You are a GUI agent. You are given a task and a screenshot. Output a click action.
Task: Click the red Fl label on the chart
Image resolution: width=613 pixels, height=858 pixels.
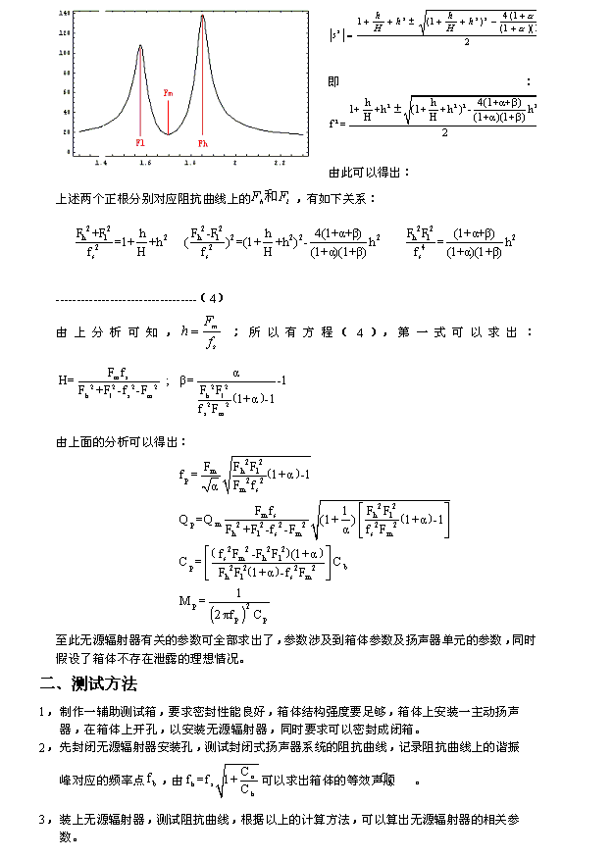coord(140,142)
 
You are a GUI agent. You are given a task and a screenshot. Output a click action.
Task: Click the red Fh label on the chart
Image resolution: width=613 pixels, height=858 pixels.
coord(203,143)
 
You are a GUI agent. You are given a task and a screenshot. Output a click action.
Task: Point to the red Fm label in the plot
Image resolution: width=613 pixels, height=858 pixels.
coord(168,93)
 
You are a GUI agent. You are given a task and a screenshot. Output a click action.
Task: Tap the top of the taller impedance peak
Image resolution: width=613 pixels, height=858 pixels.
coord(202,17)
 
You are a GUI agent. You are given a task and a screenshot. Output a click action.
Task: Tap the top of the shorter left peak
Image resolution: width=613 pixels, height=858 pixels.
coord(140,46)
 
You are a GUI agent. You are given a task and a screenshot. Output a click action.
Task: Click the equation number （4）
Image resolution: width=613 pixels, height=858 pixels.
coord(212,297)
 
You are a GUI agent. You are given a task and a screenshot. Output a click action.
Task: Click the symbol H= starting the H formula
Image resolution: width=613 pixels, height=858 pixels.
coord(66,379)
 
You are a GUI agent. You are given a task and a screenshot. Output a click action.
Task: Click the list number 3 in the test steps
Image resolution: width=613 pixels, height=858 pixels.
coord(42,819)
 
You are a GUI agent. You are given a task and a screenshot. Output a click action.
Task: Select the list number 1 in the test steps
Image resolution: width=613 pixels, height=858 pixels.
coord(42,712)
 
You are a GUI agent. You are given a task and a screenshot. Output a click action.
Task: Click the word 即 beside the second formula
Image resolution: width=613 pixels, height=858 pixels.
coord(333,81)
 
